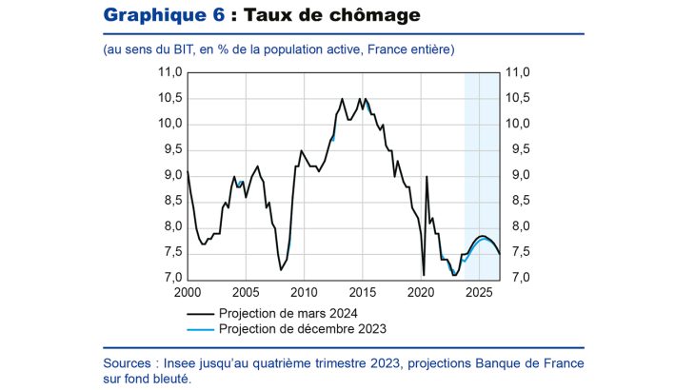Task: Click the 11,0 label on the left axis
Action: [169, 72]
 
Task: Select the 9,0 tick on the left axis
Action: [172, 175]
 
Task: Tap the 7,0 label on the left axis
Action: [172, 278]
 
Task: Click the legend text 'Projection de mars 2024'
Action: [288, 312]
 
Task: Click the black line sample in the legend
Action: [200, 312]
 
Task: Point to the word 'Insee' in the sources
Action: [185, 362]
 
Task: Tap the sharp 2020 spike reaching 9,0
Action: [427, 177]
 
